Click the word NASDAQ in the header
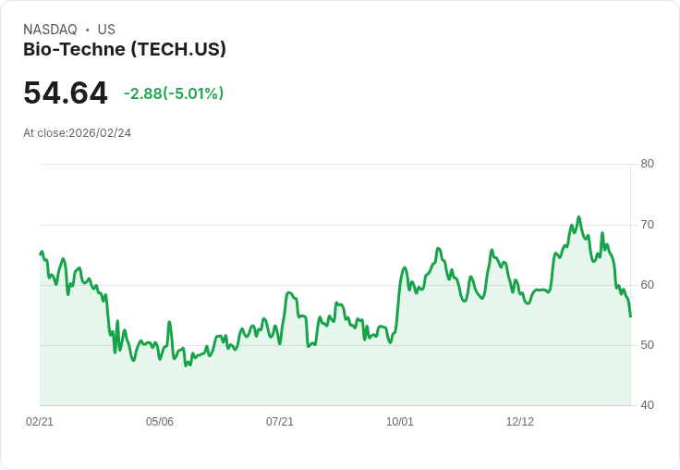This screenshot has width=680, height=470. point(50,30)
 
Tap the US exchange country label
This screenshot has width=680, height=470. point(106,30)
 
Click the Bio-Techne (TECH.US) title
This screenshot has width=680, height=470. point(125,49)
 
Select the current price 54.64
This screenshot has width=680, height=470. point(66,93)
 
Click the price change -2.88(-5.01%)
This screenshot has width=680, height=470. point(174,93)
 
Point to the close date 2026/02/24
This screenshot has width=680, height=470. point(100,133)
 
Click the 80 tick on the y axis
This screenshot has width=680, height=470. point(647,164)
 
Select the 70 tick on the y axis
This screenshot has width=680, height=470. point(647,224)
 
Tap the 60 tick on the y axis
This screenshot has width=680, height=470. point(647,284)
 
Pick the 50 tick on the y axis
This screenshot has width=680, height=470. point(647,344)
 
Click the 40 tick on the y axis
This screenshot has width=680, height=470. point(647,404)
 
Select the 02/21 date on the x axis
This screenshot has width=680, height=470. point(40,422)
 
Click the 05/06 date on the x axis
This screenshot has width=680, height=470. point(160,422)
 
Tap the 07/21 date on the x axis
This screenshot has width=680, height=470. point(280,422)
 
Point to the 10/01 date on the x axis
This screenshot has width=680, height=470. point(400,422)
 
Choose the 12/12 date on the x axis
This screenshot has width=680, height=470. point(520,422)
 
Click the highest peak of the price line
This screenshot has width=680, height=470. point(578,217)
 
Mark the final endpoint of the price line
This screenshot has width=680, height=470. point(630,316)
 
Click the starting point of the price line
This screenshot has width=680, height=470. point(41,254)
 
